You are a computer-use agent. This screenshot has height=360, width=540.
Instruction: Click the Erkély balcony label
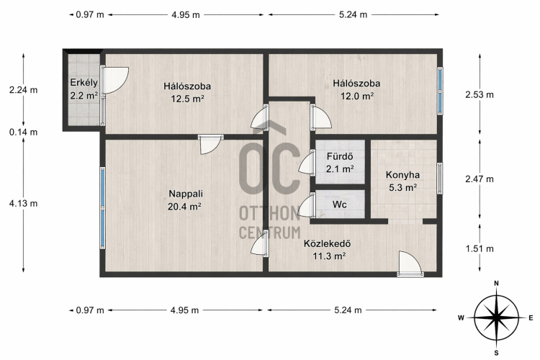pyautogui.click(x=84, y=83)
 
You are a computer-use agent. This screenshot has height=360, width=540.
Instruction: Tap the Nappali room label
pyautogui.click(x=186, y=194)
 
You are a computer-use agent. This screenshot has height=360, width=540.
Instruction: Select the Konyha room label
pyautogui.click(x=402, y=175)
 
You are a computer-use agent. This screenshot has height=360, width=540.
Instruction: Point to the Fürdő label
pyautogui.click(x=340, y=156)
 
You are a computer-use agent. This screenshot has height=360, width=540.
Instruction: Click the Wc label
pyautogui.click(x=340, y=204)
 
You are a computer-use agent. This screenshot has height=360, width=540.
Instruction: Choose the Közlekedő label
pyautogui.click(x=327, y=243)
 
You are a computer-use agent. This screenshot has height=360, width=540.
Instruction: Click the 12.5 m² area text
pyautogui.click(x=188, y=99)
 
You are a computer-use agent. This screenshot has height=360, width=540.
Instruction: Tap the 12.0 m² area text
pyautogui.click(x=357, y=96)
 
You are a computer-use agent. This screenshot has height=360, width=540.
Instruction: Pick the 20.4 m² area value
pyautogui.click(x=184, y=207)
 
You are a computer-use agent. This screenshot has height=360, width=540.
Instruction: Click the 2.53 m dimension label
pyautogui.click(x=480, y=94)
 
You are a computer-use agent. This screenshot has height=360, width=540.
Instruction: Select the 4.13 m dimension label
pyautogui.click(x=24, y=203)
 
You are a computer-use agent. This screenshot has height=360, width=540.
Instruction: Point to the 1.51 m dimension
pyautogui.click(x=480, y=248)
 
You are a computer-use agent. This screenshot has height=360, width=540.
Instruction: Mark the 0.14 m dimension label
pyautogui.click(x=24, y=132)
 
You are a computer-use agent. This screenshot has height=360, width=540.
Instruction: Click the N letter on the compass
pyautogui.click(x=496, y=283)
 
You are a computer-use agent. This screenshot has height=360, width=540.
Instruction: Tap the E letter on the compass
pyautogui.click(x=531, y=318)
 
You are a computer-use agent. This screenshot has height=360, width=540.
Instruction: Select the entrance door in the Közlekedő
pyautogui.click(x=410, y=264)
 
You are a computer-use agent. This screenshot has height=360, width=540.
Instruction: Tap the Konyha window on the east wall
pyautogui.click(x=440, y=178)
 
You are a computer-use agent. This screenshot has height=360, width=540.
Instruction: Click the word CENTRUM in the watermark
pyautogui.click(x=270, y=233)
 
